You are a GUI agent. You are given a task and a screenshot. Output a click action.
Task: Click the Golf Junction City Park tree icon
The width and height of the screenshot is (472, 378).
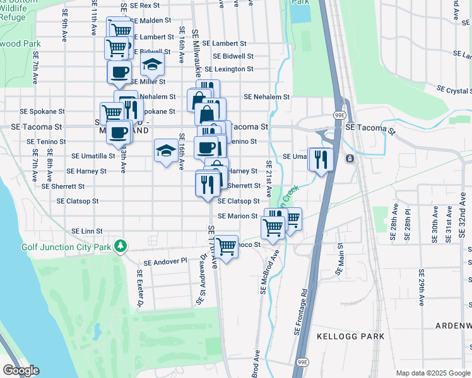point(119,246)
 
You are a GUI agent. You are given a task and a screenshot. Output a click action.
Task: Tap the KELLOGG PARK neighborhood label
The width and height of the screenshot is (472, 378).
point(350,337)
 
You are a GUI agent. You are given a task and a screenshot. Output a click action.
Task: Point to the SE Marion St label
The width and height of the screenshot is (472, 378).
point(239,216)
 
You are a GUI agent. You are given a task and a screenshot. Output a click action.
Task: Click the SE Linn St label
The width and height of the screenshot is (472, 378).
point(87,232)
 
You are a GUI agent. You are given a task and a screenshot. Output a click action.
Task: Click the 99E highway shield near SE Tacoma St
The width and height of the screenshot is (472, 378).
point(339,115)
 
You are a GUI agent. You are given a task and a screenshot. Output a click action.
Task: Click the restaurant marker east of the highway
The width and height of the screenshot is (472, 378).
point(320,159)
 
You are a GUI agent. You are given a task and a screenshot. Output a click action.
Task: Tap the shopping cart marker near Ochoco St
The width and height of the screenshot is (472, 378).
point(225,246)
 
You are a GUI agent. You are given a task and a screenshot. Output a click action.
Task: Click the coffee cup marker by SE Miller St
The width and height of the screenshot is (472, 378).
point(119,72)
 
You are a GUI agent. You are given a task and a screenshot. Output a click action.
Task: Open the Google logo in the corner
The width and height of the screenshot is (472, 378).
point(21,370)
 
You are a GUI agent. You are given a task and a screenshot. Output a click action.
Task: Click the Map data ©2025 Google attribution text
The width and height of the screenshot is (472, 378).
point(432,373)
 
